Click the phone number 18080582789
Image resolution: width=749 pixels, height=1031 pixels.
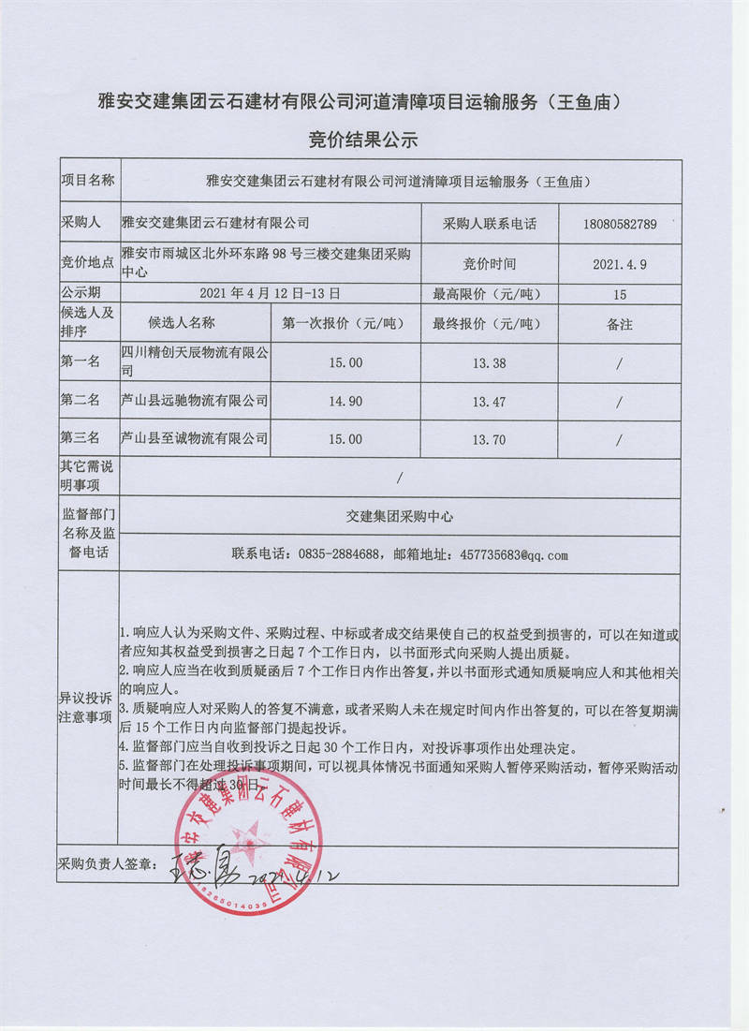tap(619, 225)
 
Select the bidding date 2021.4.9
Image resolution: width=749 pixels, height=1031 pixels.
tap(619, 265)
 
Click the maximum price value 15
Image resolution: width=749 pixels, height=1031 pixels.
tap(619, 294)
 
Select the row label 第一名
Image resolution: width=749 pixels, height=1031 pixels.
tap(81, 362)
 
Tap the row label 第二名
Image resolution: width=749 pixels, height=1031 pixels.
tap(81, 401)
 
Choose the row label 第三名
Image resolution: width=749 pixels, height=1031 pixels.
tap(81, 438)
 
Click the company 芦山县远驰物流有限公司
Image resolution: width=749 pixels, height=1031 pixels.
tap(195, 401)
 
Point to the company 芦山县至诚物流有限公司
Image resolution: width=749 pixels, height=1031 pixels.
tap(195, 438)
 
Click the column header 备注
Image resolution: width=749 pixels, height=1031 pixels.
tap(619, 324)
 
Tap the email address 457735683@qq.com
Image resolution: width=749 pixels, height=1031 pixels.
tap(514, 555)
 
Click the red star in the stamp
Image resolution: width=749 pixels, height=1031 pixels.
tap(248, 833)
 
